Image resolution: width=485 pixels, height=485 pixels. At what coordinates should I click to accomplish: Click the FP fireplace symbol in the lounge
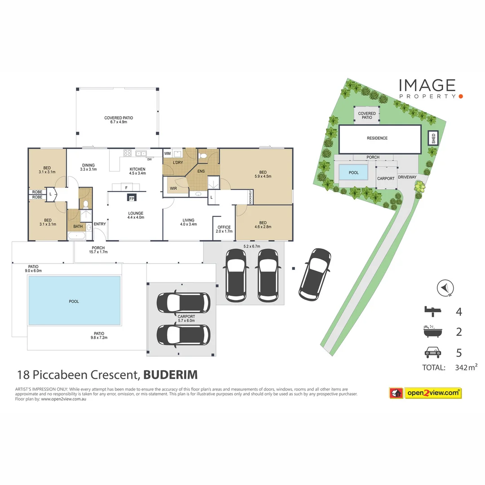[x=132, y=197]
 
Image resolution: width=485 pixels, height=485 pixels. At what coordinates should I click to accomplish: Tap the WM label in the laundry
[x=168, y=154]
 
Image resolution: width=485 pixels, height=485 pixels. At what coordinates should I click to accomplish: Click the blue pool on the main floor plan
[x=74, y=300]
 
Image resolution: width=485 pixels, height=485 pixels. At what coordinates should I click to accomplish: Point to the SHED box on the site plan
[x=433, y=138]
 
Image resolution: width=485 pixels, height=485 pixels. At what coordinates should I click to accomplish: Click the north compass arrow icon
[x=445, y=288]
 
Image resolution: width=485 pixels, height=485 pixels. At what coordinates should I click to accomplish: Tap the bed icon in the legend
[x=432, y=311]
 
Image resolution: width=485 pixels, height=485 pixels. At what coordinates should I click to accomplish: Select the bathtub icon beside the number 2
[x=432, y=331]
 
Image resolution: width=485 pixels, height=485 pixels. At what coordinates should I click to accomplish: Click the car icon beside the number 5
[x=433, y=353]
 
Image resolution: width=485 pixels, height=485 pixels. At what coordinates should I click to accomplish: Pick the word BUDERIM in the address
[x=171, y=375]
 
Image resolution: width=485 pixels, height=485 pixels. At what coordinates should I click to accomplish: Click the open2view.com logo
[x=425, y=393]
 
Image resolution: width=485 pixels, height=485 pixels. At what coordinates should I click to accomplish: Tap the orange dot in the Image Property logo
[x=461, y=97]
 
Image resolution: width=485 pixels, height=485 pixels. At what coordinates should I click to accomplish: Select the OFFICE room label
[x=224, y=227]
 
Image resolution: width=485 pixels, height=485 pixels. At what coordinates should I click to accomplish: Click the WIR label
[x=173, y=188]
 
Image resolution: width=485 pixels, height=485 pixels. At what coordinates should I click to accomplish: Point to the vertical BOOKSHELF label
[x=250, y=197]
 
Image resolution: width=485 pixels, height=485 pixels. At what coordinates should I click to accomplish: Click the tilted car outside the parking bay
[x=314, y=274]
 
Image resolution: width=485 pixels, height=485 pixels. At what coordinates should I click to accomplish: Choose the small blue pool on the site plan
[x=353, y=172]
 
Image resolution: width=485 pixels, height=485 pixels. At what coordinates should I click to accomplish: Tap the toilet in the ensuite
[x=203, y=155]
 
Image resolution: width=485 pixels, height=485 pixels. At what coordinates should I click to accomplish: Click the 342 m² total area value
[x=466, y=367]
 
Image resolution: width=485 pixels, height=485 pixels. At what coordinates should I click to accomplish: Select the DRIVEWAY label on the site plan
[x=407, y=177]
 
